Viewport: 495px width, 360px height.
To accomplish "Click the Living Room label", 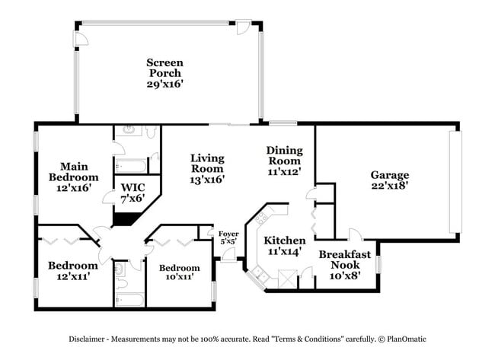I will coord(207,163).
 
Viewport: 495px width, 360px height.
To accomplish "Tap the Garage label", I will coord(389,174).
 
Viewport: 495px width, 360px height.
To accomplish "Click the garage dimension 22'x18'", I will coord(389,186).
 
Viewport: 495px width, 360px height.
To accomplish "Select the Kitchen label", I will coord(285,241).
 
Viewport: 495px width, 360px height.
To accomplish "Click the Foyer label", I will coord(228,234).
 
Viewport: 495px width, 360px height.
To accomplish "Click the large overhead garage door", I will coord(455,182).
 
